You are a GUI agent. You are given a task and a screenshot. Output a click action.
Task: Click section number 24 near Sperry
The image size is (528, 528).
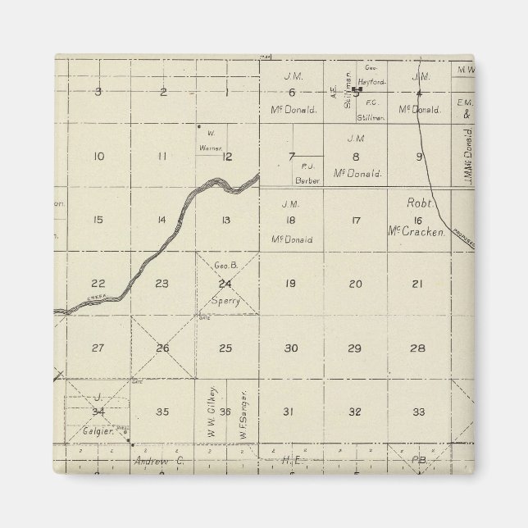[x=225, y=284]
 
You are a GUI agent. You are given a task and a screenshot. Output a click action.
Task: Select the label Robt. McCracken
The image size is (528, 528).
[x=418, y=216]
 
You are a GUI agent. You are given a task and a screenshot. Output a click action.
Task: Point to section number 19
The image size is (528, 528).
[x=290, y=284]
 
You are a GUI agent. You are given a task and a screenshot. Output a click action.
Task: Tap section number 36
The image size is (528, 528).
[x=225, y=412]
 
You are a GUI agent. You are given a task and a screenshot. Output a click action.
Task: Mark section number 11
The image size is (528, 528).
[x=162, y=156]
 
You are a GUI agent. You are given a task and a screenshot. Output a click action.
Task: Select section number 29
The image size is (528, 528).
[x=354, y=348]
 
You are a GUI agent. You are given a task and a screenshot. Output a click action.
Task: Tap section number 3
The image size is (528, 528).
[x=98, y=91]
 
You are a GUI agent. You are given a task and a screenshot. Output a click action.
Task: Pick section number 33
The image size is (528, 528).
[x=418, y=412]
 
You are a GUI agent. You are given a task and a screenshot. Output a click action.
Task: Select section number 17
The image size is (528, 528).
[x=355, y=220]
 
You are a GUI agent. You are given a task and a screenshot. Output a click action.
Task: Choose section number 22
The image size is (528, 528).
[x=98, y=284]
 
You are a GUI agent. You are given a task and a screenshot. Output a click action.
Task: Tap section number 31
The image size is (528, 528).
[x=288, y=412]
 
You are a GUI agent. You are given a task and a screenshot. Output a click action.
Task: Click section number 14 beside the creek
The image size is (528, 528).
[x=162, y=220]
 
